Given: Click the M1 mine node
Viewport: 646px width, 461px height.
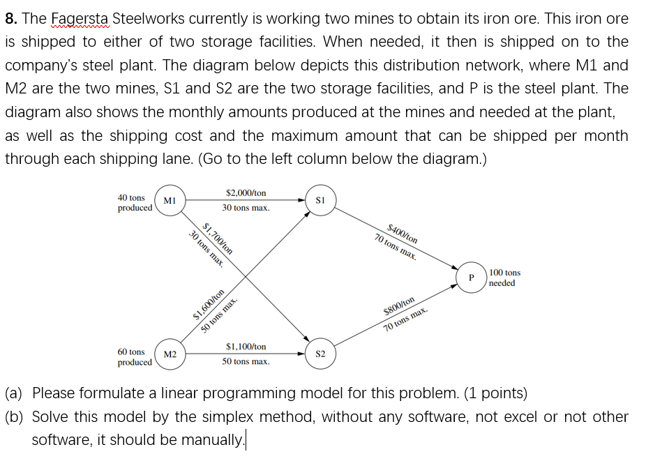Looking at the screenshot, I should [x=168, y=201].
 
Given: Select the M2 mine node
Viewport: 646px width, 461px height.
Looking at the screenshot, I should [x=170, y=355].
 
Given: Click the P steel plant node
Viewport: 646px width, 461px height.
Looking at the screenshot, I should [x=472, y=278].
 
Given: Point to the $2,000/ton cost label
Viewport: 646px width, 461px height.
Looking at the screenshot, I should [x=246, y=192].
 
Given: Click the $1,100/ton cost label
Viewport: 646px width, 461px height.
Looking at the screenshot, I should [x=246, y=346].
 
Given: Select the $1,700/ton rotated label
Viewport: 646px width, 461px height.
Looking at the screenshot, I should [x=218, y=240].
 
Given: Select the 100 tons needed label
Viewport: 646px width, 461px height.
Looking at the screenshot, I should [x=504, y=278].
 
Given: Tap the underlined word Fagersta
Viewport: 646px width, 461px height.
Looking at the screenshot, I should [x=80, y=19].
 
